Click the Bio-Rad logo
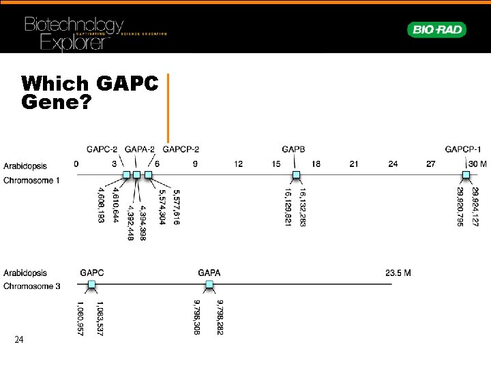coord(436,29)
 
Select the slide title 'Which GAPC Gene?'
coord(89,93)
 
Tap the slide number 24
coord(20,339)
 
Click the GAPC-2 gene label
coord(102,149)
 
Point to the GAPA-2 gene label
coord(140,149)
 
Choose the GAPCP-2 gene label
coord(181,149)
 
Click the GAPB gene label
coord(293,149)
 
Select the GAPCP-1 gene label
coord(463,149)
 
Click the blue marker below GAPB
coord(296,175)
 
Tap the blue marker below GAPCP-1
coord(466,175)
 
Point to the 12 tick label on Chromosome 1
coord(238,164)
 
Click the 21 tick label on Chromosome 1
coord(354,164)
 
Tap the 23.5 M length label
coord(398,273)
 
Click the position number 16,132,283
coord(302,207)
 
